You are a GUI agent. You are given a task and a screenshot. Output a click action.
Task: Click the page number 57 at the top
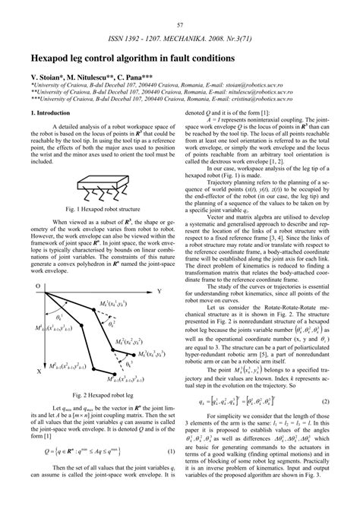pos(180,6)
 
